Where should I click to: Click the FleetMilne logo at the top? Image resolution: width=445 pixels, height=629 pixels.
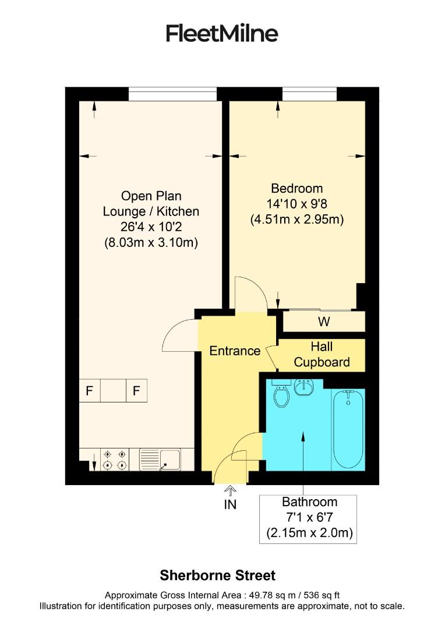(222, 33)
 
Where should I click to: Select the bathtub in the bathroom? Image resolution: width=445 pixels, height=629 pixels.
(348, 429)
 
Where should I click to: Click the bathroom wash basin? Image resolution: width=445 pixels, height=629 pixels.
(304, 387)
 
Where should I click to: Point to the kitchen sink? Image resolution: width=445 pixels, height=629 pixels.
(160, 459)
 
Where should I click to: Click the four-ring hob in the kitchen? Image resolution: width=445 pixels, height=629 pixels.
(115, 459)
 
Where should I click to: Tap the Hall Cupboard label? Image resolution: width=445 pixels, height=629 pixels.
(322, 354)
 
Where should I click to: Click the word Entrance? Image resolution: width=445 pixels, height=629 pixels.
(235, 351)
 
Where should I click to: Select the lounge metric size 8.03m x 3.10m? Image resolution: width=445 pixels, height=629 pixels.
(151, 242)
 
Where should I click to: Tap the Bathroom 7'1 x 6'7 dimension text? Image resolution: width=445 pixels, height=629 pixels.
(309, 517)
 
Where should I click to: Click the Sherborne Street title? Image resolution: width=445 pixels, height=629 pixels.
(217, 575)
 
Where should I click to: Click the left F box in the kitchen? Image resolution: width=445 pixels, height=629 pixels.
(90, 391)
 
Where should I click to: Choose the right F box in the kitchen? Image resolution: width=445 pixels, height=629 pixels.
(136, 391)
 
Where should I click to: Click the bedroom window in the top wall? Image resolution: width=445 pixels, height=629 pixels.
(309, 93)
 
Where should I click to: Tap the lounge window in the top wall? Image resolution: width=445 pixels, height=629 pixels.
(172, 93)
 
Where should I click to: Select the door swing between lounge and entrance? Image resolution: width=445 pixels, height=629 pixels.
(181, 335)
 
